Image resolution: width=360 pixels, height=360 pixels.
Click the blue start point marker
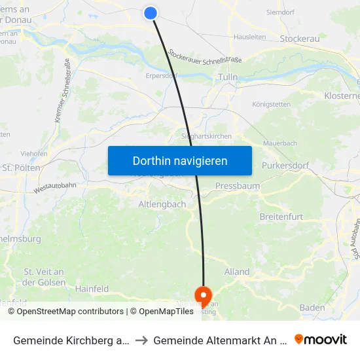coord(151,13)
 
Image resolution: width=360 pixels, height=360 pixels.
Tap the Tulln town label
coord(227,78)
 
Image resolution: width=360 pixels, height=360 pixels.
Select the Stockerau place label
coord(299,39)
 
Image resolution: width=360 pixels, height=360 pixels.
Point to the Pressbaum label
coord(237,186)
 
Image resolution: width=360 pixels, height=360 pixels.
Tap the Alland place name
coord(237,272)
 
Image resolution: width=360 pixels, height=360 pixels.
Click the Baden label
coord(312,307)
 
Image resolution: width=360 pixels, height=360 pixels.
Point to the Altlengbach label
coord(162,204)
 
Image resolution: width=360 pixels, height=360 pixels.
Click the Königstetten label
coord(271,104)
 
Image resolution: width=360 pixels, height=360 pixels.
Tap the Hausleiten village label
coord(249,37)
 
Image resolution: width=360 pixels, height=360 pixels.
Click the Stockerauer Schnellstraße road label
coord(204,57)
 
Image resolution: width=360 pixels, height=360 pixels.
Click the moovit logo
coord(321,339)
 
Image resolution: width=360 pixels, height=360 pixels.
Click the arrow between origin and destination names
coord(141,340)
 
